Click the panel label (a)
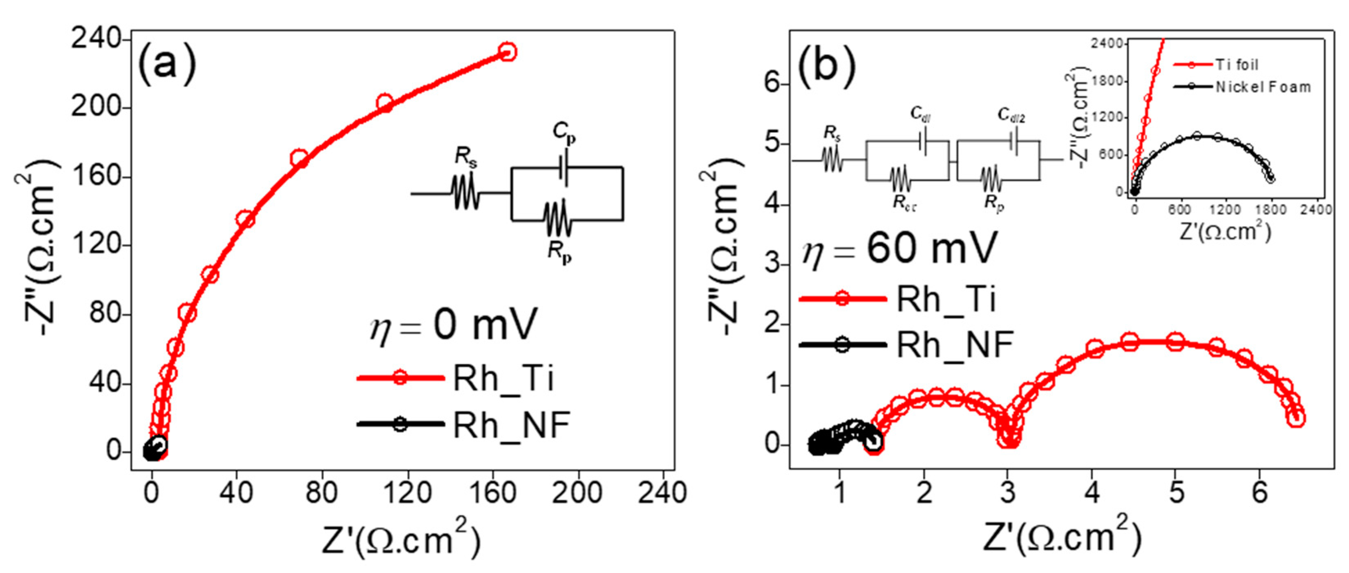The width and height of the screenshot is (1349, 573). tap(166, 66)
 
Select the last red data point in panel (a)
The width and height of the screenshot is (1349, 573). tap(506, 52)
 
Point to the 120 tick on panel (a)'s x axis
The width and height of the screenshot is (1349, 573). tap(407, 493)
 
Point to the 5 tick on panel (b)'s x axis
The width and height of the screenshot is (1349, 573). tap(1176, 493)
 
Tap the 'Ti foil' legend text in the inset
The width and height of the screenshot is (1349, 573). tap(1236, 65)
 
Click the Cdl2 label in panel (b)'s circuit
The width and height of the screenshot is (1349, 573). tap(1011, 115)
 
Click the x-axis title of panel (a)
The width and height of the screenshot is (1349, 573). tap(400, 539)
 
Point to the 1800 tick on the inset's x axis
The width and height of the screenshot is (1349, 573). tap(1271, 210)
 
